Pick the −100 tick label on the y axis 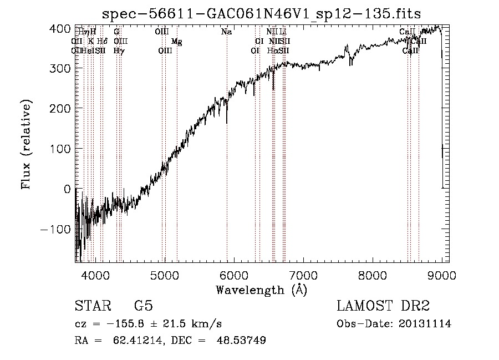point(56,230)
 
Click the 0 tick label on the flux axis point(67,189)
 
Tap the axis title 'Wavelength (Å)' point(261,290)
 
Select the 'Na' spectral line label point(226,32)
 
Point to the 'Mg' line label point(176,42)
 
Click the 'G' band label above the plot point(116,32)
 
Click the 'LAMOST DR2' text point(383,306)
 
